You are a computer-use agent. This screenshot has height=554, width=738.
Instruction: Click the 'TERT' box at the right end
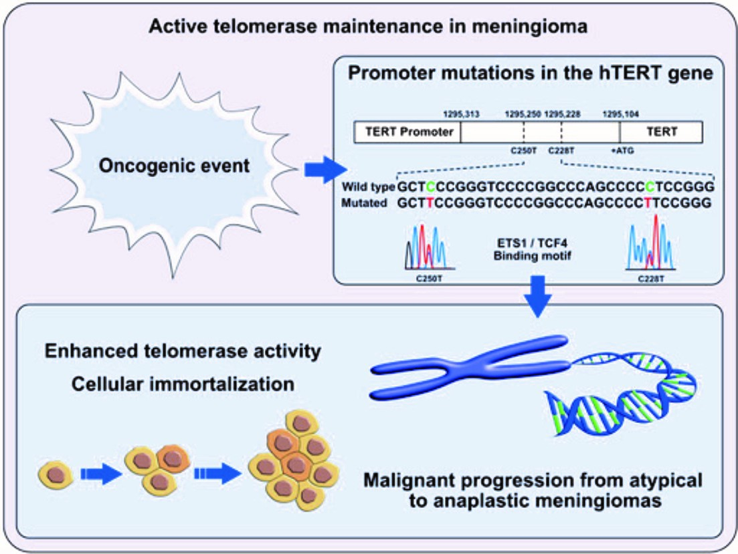[x=660, y=132]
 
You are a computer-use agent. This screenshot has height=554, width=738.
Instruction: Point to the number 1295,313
[x=462, y=114]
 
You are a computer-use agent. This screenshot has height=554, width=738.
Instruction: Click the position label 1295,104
[x=622, y=114]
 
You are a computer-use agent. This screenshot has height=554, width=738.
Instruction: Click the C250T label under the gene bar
[x=523, y=151]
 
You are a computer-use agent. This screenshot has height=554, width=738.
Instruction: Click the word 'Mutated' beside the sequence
[x=364, y=202]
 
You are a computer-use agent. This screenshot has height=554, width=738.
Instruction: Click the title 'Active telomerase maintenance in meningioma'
[x=369, y=27]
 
